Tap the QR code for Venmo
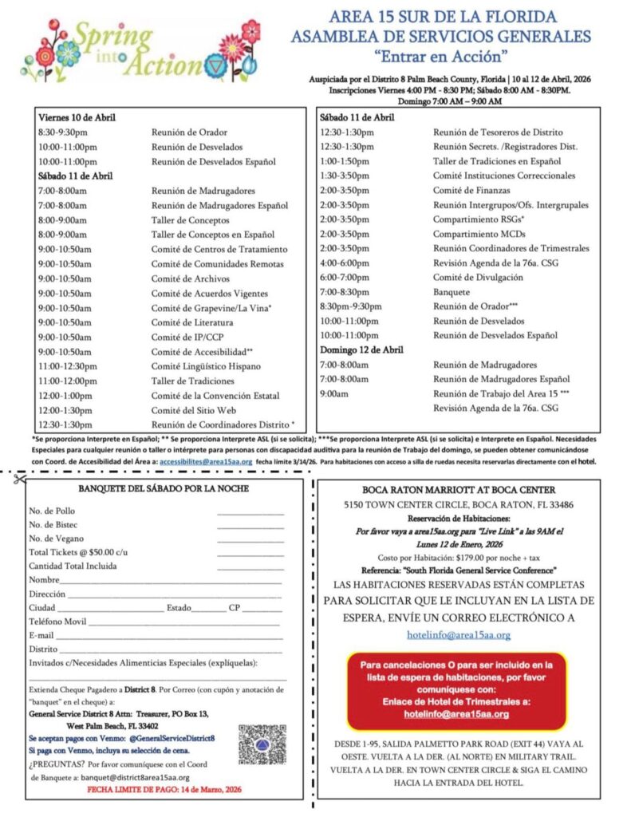point(262,747)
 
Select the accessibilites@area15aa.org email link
point(206,461)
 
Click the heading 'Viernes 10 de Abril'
point(77,117)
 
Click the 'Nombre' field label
point(44,580)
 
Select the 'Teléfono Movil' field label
point(57,622)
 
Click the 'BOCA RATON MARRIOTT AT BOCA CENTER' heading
point(459,489)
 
